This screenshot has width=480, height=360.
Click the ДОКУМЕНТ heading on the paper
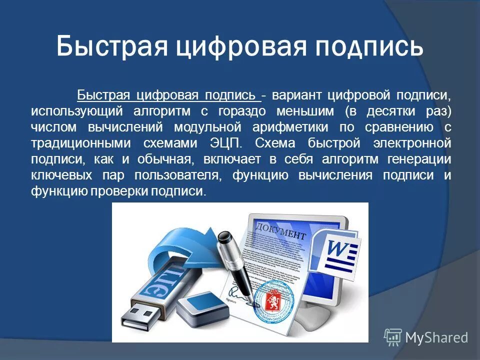click(x=280, y=231)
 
